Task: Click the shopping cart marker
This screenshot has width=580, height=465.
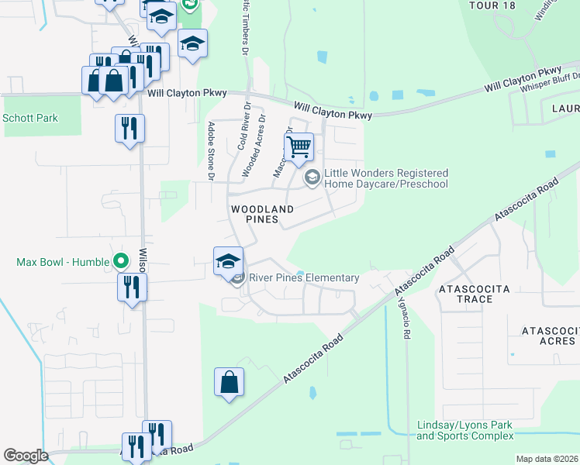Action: click(x=299, y=146)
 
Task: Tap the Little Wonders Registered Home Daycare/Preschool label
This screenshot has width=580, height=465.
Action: click(x=385, y=178)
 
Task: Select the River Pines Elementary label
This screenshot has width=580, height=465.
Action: click(x=303, y=277)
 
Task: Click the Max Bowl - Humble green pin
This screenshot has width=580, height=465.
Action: click(x=120, y=261)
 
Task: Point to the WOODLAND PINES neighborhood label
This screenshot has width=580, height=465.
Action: click(x=263, y=215)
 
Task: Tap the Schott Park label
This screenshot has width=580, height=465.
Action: click(x=30, y=119)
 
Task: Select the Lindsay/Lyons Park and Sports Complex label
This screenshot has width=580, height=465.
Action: click(x=464, y=431)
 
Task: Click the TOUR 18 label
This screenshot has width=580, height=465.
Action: click(x=491, y=5)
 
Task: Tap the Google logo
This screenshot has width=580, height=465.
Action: click(x=26, y=456)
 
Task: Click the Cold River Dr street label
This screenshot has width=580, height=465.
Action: click(x=243, y=126)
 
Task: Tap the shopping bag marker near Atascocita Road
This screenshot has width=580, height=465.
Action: click(x=230, y=382)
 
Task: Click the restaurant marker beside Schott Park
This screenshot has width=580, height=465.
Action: click(x=129, y=127)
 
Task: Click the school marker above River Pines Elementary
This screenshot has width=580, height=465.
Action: click(x=229, y=261)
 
